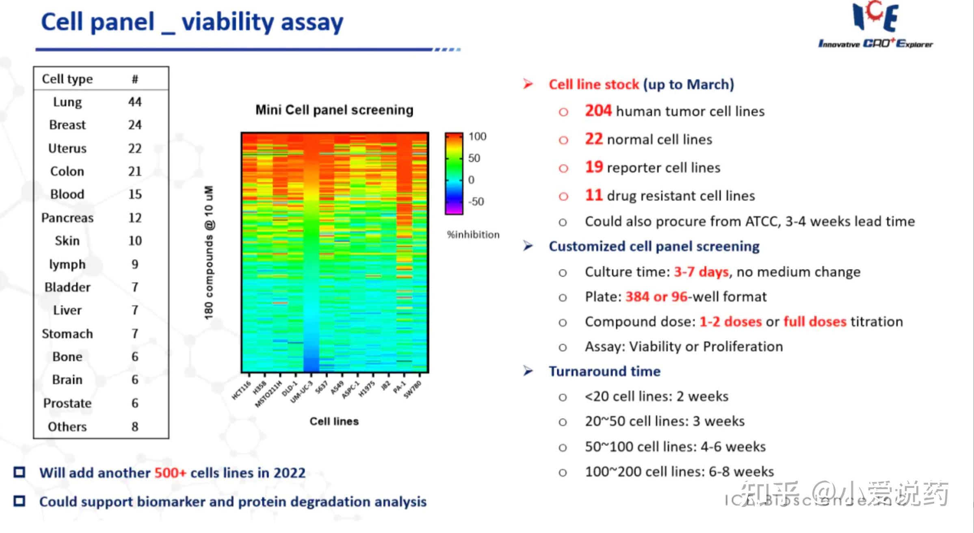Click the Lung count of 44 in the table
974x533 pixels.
click(135, 102)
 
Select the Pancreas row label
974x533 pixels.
click(67, 218)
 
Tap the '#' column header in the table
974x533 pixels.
click(135, 79)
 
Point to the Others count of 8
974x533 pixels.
click(135, 427)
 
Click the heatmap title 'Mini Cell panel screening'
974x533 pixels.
click(334, 110)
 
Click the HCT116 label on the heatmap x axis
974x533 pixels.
click(241, 390)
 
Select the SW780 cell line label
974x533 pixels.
click(413, 390)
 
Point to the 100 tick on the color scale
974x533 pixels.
click(477, 136)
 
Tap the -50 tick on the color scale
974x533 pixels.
click(476, 201)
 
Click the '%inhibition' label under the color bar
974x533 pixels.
click(473, 234)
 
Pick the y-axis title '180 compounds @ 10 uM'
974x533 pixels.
click(209, 252)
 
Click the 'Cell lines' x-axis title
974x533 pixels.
click(334, 421)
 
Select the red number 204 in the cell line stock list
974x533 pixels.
click(598, 110)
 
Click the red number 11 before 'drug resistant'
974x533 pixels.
click(593, 195)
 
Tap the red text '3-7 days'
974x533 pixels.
click(701, 271)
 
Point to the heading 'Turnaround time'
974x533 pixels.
click(604, 371)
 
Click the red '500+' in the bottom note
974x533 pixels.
click(170, 473)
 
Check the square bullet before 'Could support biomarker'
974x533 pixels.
click(19, 501)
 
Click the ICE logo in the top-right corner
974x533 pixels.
click(875, 24)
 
